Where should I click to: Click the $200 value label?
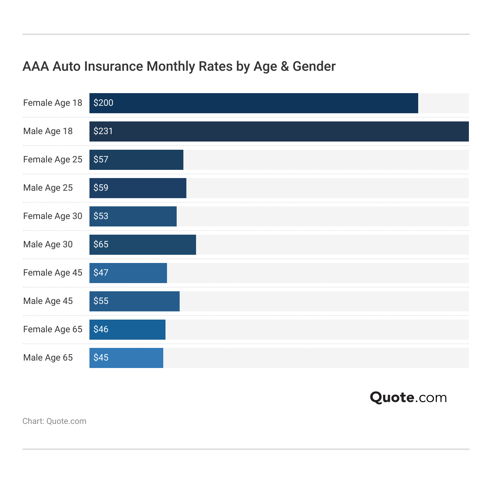click(x=103, y=103)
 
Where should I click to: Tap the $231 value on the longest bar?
click(x=103, y=131)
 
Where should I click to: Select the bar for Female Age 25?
click(x=136, y=160)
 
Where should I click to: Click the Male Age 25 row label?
click(x=48, y=188)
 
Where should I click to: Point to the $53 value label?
click(x=101, y=216)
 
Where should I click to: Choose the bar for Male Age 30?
click(x=143, y=245)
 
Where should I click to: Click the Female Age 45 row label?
click(x=53, y=273)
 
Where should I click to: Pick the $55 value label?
click(x=101, y=301)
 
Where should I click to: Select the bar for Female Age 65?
click(x=127, y=330)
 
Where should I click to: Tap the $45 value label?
click(x=101, y=358)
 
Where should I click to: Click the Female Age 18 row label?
click(x=53, y=103)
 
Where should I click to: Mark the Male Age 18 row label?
click(x=48, y=131)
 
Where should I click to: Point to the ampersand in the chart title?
click(x=285, y=66)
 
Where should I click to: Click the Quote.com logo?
click(x=408, y=397)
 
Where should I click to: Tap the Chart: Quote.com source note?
click(x=54, y=421)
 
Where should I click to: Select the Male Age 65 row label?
click(x=48, y=358)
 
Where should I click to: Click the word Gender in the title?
click(x=314, y=66)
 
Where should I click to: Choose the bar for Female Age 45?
click(x=128, y=273)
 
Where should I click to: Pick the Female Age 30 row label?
click(x=53, y=216)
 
